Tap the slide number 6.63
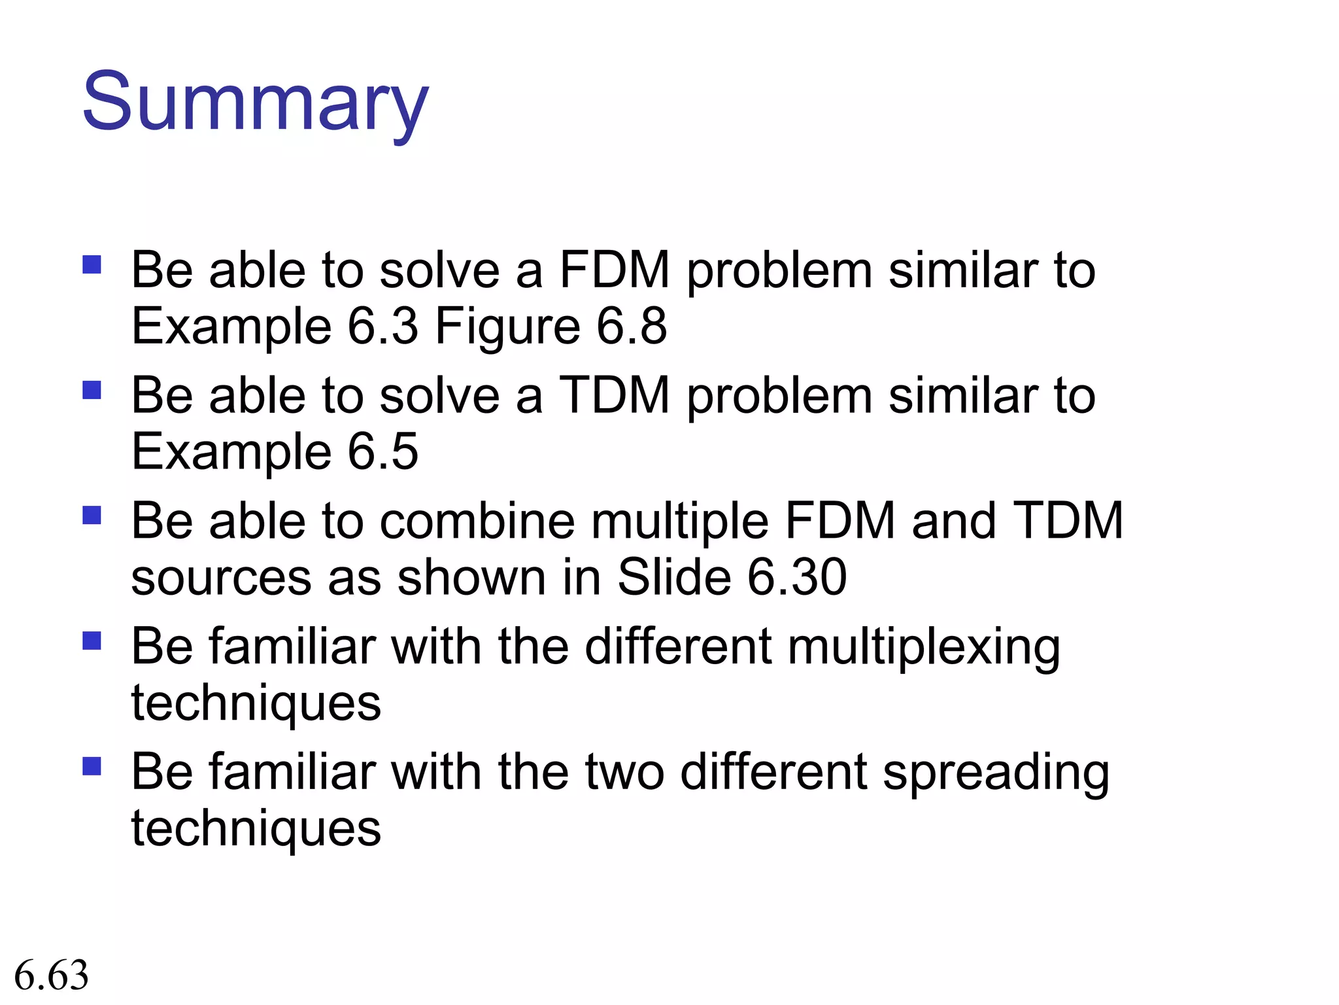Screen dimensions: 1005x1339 51,975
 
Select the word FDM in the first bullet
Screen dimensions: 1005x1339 615,270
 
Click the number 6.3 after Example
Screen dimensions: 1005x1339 382,326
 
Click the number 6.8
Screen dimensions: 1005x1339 632,326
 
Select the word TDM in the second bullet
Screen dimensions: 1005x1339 615,395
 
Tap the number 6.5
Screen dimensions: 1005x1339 382,451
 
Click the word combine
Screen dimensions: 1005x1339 477,521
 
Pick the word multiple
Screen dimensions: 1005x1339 680,522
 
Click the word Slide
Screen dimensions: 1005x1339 674,577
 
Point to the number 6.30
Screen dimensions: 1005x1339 797,577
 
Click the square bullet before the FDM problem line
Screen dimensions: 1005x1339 92,264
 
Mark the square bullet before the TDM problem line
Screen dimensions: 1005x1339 92,390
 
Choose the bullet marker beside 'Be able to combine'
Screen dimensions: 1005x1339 92,516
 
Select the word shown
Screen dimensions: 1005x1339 471,577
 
